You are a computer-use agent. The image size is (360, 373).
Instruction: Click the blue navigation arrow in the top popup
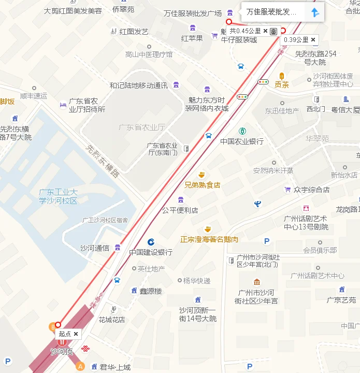click(x=314, y=12)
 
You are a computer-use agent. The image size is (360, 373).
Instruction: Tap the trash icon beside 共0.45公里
click(x=273, y=31)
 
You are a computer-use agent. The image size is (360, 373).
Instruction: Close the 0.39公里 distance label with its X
click(x=313, y=40)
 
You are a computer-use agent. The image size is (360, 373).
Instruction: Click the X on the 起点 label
click(x=76, y=334)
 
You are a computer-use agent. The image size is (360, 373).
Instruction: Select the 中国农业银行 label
click(x=242, y=141)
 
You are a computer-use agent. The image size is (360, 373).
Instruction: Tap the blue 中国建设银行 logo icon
click(x=151, y=242)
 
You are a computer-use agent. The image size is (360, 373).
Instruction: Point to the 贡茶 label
click(x=282, y=84)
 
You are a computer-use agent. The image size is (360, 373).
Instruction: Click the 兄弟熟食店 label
click(x=203, y=184)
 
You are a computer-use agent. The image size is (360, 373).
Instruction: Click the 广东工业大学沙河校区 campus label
click(x=58, y=196)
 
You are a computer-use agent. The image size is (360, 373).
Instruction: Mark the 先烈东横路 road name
click(x=103, y=161)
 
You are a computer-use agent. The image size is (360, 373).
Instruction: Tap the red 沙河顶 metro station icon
click(x=62, y=342)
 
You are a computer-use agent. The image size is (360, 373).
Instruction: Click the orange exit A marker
click(x=80, y=366)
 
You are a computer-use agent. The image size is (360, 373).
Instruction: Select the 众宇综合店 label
click(x=311, y=190)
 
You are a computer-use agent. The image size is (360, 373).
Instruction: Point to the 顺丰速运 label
click(x=34, y=96)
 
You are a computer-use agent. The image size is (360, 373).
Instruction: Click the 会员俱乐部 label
click(x=320, y=250)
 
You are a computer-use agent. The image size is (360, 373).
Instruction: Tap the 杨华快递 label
click(x=197, y=281)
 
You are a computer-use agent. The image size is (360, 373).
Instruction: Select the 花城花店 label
click(x=112, y=319)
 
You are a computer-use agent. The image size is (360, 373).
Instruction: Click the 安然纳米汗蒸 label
click(x=273, y=170)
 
